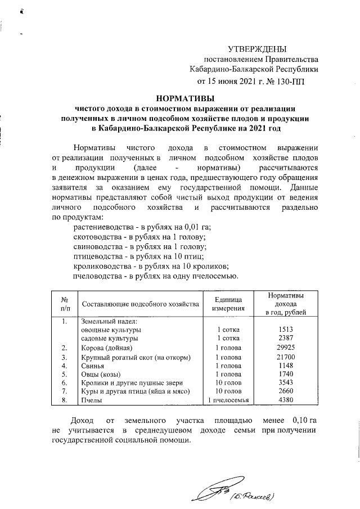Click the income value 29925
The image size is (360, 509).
tap(287, 348)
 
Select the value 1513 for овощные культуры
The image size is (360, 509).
tap(287, 330)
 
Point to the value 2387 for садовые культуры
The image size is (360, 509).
tap(287, 339)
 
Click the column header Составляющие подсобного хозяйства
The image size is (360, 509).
tap(141, 304)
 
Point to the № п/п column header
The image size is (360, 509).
tap(65, 304)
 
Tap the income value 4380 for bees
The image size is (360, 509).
tap(287, 401)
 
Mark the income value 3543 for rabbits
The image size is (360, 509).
tap(287, 384)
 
